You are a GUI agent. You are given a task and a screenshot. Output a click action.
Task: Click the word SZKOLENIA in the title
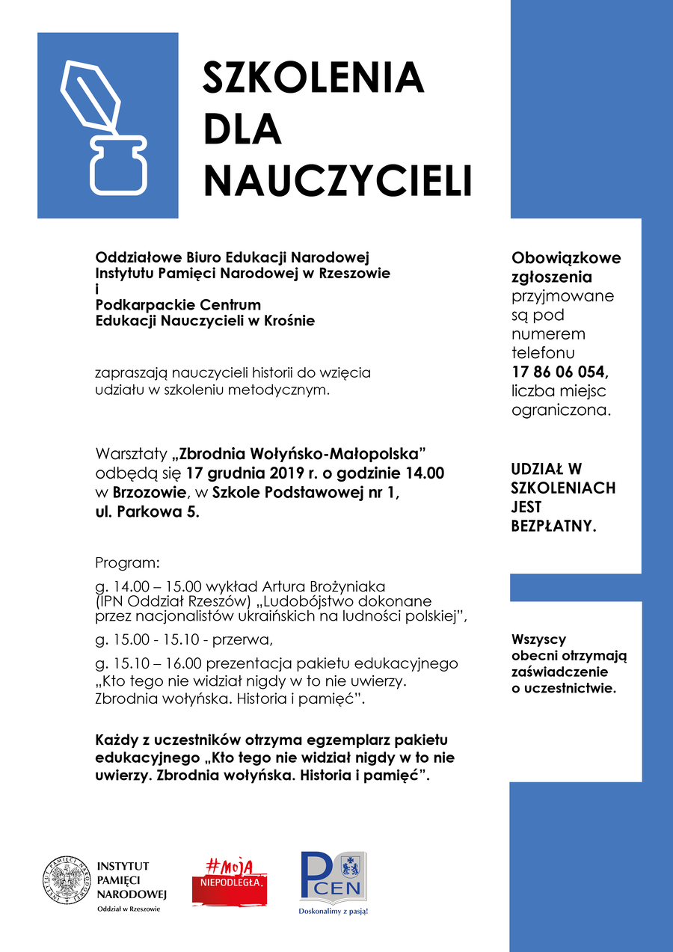point(313,76)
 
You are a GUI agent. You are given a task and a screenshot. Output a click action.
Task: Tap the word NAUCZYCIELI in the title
point(338,179)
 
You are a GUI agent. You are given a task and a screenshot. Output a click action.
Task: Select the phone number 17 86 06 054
point(561,372)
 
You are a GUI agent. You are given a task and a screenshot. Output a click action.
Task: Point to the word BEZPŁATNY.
point(553,526)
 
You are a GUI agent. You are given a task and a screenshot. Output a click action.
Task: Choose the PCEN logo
point(334,876)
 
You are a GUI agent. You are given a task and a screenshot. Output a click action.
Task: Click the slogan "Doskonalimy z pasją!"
point(334,912)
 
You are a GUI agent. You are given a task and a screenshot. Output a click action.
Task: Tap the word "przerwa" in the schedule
point(240,640)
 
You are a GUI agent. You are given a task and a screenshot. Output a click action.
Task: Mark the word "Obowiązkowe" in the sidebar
point(566,258)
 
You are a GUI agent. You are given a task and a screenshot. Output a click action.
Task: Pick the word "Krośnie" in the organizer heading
point(289,320)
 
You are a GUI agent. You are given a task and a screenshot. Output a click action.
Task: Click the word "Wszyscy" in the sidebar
point(538,640)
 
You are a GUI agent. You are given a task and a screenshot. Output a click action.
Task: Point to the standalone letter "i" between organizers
point(97,289)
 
